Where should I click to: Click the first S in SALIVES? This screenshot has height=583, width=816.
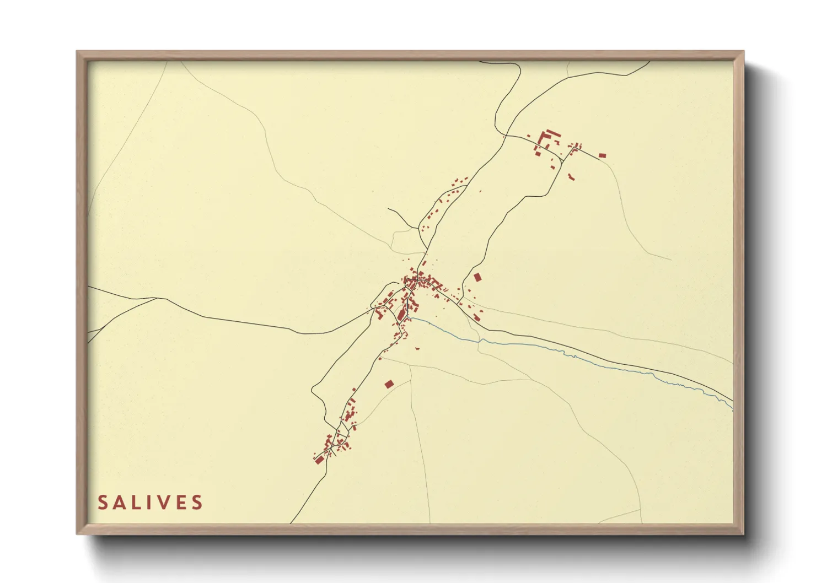pos(103,503)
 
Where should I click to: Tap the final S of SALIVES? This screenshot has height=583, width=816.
pos(197,503)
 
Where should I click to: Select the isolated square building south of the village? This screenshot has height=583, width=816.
pos(389,384)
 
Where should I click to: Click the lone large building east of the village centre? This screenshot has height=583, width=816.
pos(477,277)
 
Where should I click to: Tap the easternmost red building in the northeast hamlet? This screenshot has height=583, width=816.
pos(602,155)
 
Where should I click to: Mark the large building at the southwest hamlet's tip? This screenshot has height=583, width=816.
pos(319,459)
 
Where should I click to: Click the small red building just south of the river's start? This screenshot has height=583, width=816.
pos(417,348)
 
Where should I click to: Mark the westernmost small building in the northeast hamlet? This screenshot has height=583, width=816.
pos(528,136)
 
